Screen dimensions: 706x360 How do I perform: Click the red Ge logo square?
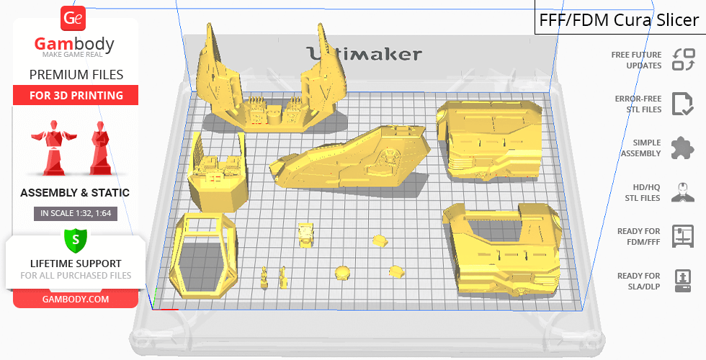73,18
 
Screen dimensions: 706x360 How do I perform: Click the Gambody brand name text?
74,44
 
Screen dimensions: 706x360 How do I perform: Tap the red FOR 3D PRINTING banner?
76,95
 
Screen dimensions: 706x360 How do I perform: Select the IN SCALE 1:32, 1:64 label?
76,213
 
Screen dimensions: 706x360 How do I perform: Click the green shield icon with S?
76,240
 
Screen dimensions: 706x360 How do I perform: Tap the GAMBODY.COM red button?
76,300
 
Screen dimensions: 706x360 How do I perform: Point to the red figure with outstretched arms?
53,148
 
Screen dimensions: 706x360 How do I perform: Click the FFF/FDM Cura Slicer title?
619,20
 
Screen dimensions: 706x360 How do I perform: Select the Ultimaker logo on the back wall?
365,54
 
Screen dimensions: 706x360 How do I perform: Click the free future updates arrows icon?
684,59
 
